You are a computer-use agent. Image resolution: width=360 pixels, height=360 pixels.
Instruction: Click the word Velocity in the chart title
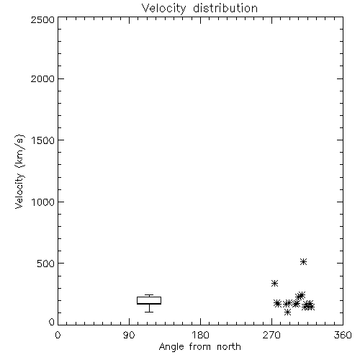(164, 9)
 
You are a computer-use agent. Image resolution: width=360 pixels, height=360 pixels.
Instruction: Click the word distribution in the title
(225, 8)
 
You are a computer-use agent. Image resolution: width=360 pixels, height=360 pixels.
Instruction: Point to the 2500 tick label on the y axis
(42, 19)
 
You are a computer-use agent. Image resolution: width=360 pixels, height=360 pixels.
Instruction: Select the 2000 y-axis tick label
(42, 78)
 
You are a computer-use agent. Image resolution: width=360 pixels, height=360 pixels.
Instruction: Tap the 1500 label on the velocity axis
(43, 140)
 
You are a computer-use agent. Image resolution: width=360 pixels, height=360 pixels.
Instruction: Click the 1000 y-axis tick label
(43, 202)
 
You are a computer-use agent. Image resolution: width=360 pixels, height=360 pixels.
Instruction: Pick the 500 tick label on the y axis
(46, 264)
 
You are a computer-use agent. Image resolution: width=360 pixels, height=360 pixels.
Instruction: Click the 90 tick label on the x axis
(129, 335)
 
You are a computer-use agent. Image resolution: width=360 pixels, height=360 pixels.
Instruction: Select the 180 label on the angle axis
(200, 335)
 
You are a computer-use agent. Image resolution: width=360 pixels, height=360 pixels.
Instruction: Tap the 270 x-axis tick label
(271, 335)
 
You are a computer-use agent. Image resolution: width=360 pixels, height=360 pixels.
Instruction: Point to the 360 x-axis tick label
(343, 335)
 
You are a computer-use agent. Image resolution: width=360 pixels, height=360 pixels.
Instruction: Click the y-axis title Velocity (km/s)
(19, 171)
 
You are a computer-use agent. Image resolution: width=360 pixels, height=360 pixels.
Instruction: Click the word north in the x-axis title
(229, 347)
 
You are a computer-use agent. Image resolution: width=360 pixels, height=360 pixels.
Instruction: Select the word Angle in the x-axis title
(171, 347)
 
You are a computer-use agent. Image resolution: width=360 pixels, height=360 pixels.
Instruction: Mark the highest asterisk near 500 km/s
(304, 261)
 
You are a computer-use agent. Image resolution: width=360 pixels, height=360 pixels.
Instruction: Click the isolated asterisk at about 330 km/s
(274, 283)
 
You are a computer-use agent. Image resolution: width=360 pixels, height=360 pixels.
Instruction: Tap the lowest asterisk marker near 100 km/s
(287, 312)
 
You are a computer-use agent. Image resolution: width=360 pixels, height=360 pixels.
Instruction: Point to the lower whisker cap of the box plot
(149, 312)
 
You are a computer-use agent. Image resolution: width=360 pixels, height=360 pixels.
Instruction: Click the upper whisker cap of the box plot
(149, 295)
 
